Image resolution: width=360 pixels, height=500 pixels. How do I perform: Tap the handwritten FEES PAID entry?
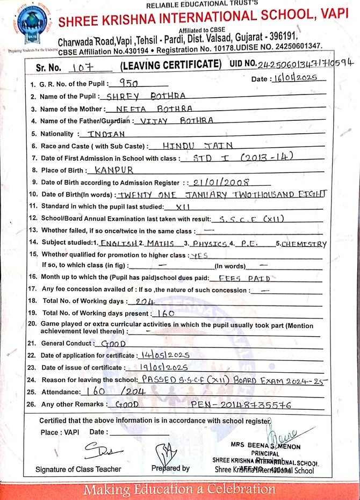(236, 279)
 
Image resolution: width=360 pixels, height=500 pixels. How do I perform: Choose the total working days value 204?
(146, 302)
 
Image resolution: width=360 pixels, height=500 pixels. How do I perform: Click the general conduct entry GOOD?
(113, 343)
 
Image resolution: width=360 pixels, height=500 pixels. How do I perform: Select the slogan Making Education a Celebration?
(180, 490)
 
